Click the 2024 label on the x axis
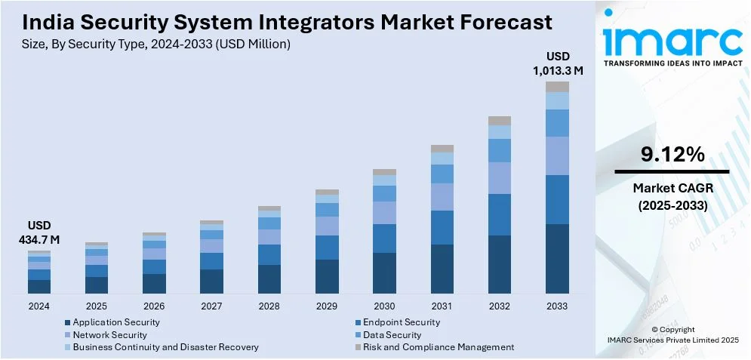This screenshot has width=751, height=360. (38, 306)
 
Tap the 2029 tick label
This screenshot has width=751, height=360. (327, 306)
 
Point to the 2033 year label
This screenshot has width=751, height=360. (557, 306)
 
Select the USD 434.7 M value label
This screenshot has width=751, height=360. (38, 232)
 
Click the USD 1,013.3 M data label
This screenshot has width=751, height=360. (557, 63)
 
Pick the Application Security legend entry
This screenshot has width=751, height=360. (116, 322)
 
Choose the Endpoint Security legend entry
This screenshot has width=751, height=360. (401, 322)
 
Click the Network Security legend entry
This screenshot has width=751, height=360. (110, 334)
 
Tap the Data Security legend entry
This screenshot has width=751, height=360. (392, 334)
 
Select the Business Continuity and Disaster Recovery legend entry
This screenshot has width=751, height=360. (165, 347)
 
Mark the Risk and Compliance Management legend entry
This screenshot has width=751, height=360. (438, 347)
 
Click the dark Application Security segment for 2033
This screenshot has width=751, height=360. (557, 258)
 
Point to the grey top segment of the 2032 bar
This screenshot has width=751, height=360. (500, 121)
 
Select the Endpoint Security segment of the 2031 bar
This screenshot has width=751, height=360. (442, 227)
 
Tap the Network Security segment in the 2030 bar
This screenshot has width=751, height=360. (384, 213)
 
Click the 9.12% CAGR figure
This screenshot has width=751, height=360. (673, 155)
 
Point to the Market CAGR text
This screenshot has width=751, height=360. (673, 187)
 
